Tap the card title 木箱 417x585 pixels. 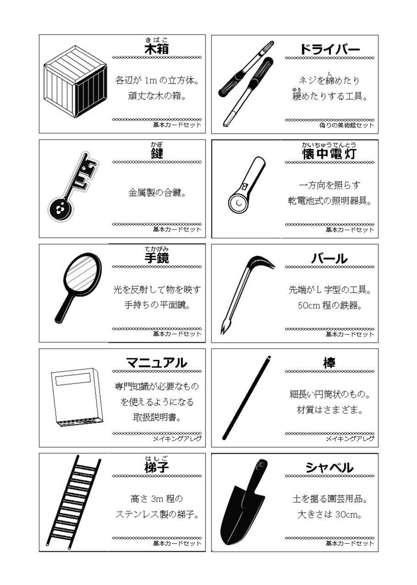tap(157, 50)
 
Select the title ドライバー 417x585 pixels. tap(330, 50)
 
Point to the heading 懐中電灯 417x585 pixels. tap(330, 154)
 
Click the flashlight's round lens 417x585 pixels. tap(236, 202)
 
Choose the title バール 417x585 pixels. tap(329, 259)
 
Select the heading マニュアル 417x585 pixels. tap(156, 363)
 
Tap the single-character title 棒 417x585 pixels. tap(329, 363)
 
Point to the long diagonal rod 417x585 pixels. tap(246, 398)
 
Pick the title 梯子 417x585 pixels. tap(157, 467)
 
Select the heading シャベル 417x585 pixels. tap(329, 467)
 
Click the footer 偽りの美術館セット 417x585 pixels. tap(347, 125)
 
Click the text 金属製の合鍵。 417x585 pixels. tap(157, 193)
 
